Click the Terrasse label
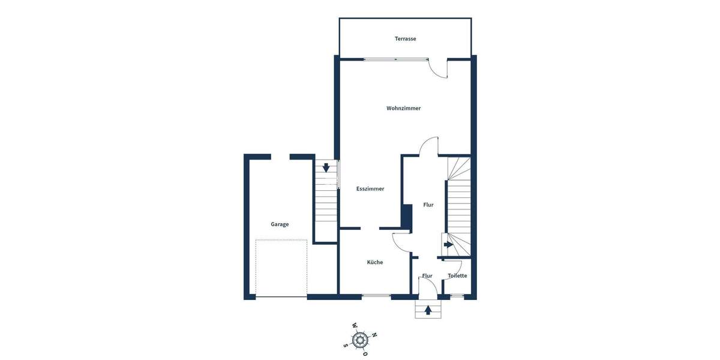[405, 39]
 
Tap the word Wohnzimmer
[403, 109]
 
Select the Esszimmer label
[370, 189]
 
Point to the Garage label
[280, 224]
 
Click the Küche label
[375, 262]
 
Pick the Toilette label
[457, 276]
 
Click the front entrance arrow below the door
[428, 310]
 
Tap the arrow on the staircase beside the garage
[326, 168]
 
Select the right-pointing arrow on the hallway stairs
[448, 245]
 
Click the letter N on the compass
[374, 335]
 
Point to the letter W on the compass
[355, 326]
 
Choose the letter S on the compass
[346, 345]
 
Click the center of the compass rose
[360, 340]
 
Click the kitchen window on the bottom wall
[377, 296]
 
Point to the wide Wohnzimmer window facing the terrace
[396, 59]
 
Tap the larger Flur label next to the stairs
[428, 205]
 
